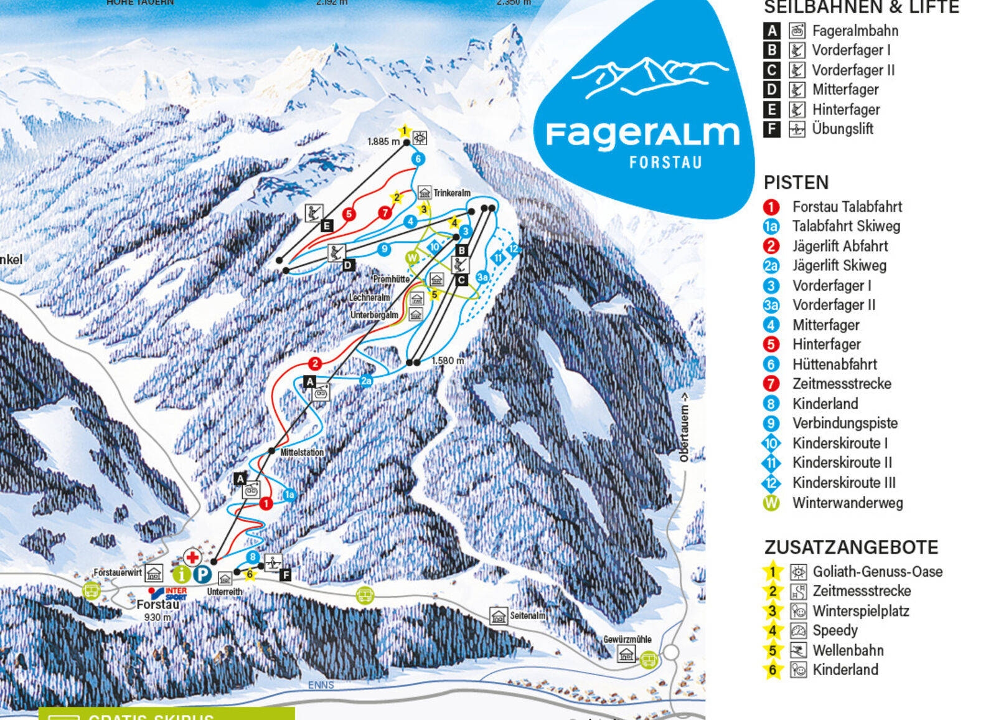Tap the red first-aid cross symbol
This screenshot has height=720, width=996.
192,557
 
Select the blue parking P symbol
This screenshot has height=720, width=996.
202,574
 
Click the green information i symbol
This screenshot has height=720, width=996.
181,574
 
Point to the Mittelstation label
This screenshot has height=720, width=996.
302,453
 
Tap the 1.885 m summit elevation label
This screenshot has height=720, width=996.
383,142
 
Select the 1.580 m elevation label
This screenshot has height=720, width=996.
448,361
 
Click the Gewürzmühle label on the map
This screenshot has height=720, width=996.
627,640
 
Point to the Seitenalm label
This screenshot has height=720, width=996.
527,616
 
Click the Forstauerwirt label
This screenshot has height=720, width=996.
118,572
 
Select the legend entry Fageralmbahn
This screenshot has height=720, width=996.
855,31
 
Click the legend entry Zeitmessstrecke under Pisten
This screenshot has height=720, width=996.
841,384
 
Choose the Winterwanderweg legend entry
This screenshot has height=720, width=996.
847,503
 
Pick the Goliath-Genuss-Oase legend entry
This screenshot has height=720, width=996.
877,572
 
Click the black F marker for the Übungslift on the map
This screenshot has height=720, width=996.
285,575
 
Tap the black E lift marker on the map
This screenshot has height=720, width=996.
326,226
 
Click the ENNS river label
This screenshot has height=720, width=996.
321,685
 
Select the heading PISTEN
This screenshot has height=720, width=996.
796,182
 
